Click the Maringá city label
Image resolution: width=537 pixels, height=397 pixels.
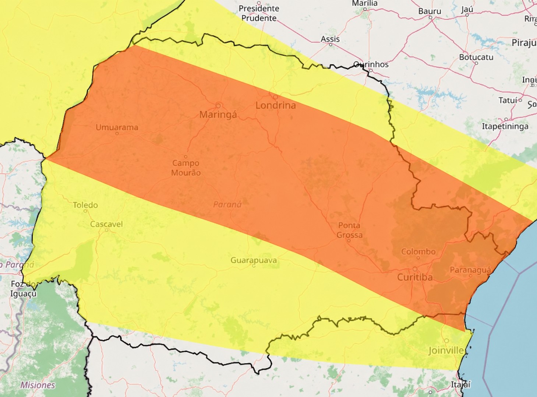218,115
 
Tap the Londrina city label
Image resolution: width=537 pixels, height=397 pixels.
276,106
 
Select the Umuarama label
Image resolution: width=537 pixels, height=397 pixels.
117,127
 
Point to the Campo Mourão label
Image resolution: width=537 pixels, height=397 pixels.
186,168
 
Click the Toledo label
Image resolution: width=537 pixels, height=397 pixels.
85,205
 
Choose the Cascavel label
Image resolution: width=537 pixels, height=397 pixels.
106,224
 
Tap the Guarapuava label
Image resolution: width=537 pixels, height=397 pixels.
254,260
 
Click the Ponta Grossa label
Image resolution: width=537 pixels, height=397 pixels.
350,230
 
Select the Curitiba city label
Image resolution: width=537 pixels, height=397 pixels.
415,277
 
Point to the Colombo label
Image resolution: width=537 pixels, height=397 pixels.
418,252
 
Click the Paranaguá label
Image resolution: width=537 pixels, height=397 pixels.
470,270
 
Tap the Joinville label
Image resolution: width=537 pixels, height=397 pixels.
446,351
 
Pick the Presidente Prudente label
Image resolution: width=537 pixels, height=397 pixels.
259,13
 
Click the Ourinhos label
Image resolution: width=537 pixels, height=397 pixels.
371,64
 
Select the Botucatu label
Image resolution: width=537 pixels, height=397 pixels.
476,57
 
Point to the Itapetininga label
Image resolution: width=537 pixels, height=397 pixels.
505,126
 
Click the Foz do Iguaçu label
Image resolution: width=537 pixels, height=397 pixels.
24,289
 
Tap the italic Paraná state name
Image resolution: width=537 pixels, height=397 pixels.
227,204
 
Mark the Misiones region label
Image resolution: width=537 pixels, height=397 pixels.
38,385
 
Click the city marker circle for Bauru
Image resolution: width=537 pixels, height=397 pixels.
430,17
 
